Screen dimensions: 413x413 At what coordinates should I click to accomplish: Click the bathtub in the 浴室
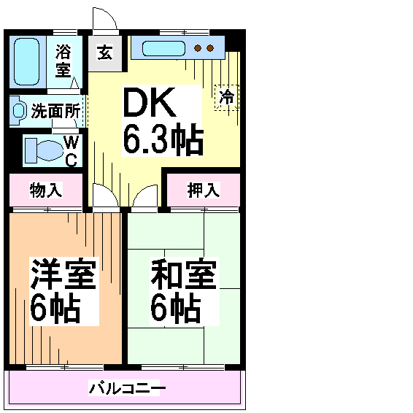tap(26, 61)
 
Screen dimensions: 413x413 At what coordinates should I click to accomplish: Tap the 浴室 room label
tap(63, 61)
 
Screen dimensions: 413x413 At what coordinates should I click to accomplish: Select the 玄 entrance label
tap(105, 53)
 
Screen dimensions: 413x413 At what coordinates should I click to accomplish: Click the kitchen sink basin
tap(163, 48)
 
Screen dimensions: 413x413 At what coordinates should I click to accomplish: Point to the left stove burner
tap(198, 48)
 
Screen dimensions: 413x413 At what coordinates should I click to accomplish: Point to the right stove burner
tap(210, 48)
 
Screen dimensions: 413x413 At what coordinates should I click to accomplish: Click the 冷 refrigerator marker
tap(227, 98)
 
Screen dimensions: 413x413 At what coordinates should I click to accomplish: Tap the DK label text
tap(150, 102)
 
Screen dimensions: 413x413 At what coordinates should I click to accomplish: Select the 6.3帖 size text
tap(163, 139)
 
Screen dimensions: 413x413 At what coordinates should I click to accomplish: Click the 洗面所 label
tap(55, 111)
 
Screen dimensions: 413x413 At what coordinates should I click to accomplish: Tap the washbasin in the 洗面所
tap(18, 111)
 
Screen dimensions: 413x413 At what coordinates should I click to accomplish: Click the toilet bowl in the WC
tap(50, 150)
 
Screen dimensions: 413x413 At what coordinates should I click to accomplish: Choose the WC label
tap(72, 151)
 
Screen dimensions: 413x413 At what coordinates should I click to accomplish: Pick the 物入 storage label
tap(46, 190)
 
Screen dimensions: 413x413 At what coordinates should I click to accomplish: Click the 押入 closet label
tap(204, 190)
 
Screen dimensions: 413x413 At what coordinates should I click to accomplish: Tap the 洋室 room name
tap(63, 274)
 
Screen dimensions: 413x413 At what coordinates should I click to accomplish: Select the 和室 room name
tap(184, 274)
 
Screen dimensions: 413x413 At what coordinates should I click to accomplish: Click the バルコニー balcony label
tap(127, 388)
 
